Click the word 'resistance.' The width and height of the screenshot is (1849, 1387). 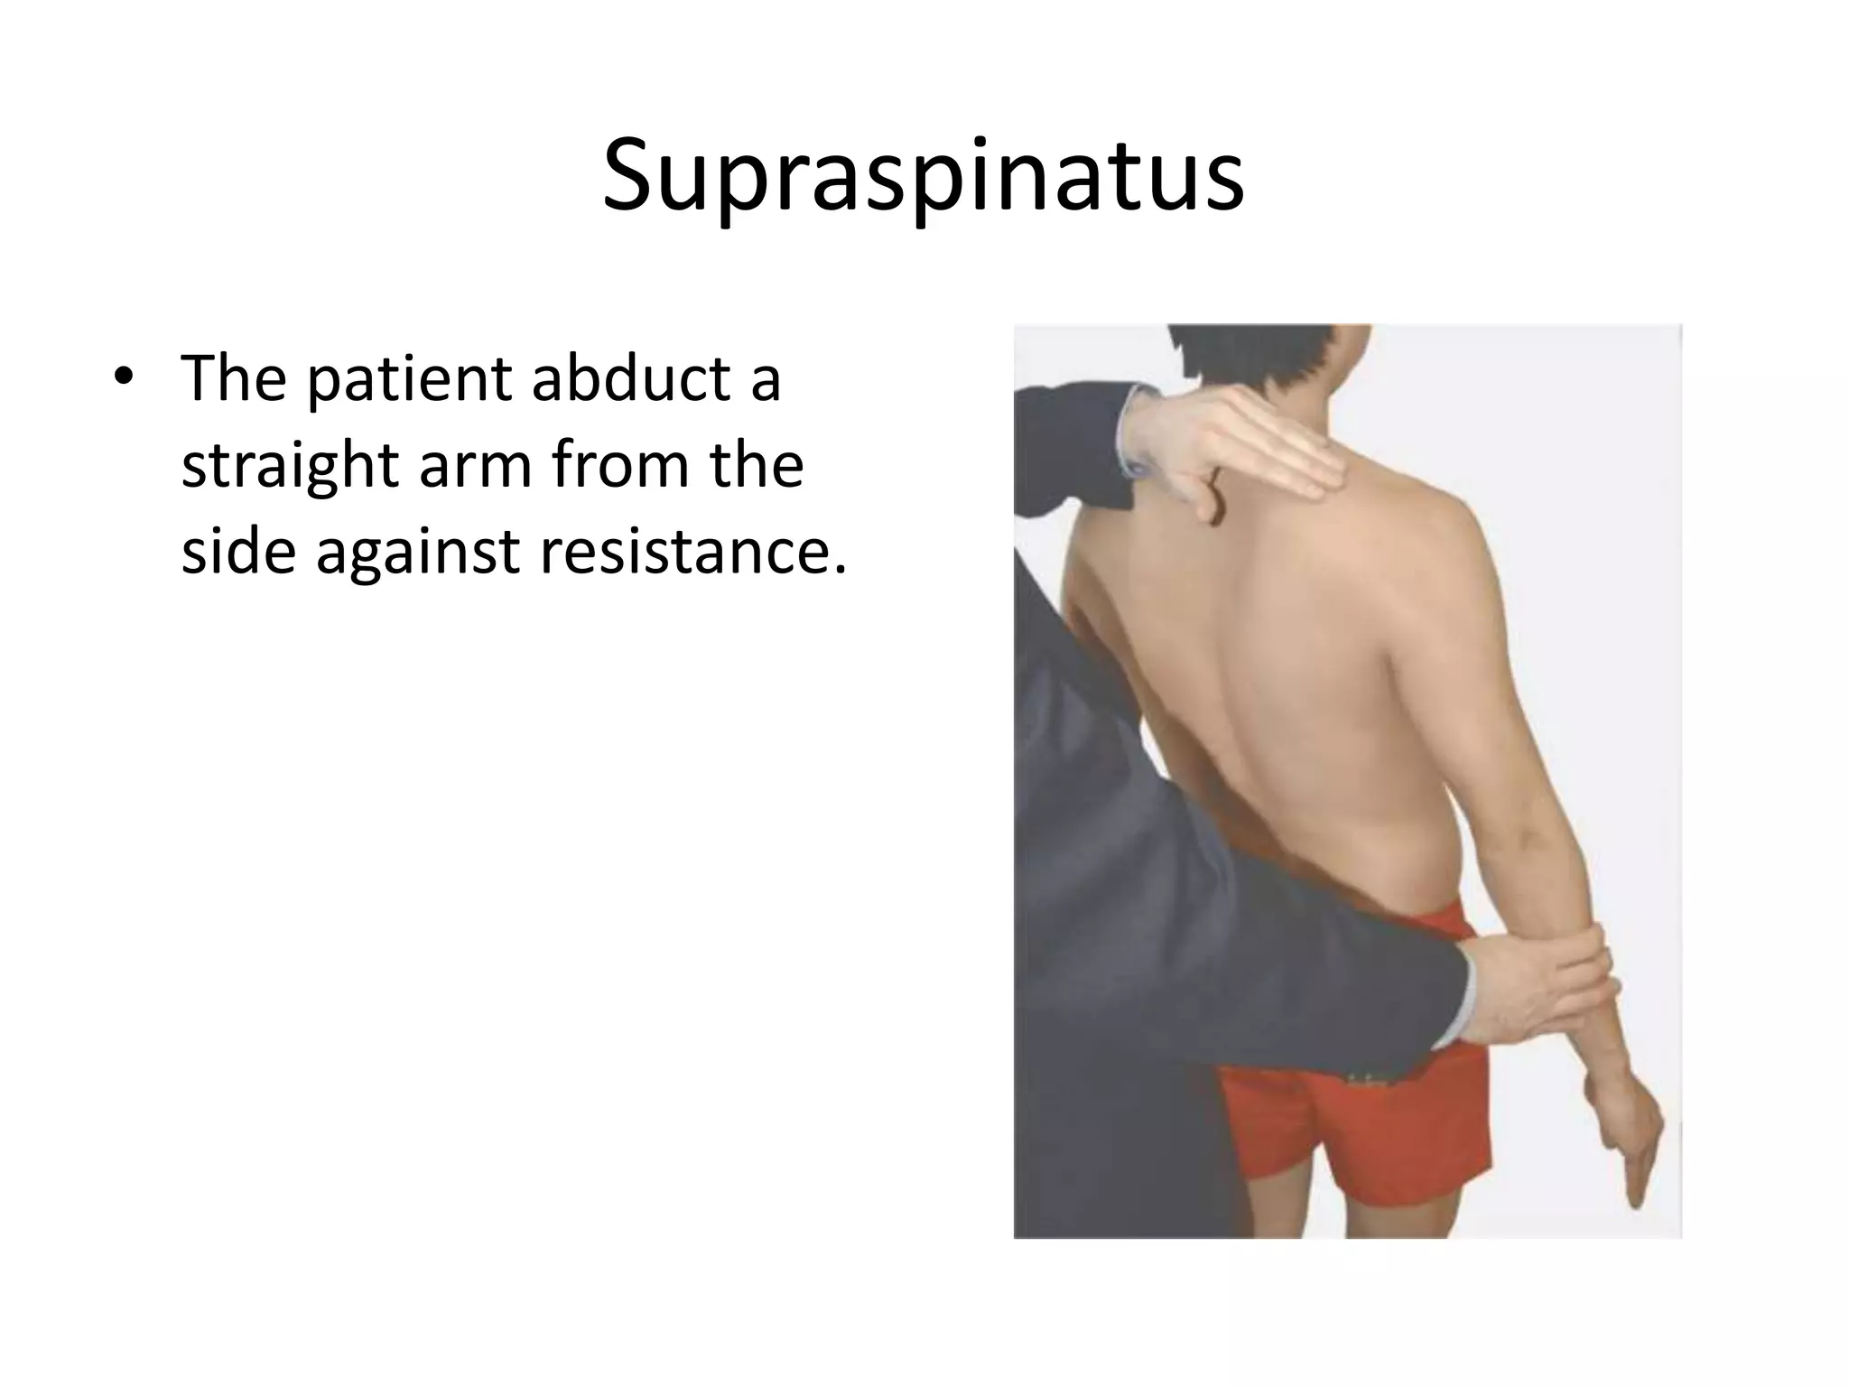693,551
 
